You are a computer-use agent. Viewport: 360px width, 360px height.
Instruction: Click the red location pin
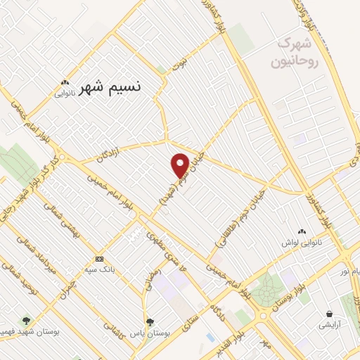click(181, 165)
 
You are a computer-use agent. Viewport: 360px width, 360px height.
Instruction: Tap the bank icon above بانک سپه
click(98, 259)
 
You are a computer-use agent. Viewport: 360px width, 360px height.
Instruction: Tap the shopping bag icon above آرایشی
click(329, 314)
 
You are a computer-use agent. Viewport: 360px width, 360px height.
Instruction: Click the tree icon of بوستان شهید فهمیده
click(27, 321)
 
